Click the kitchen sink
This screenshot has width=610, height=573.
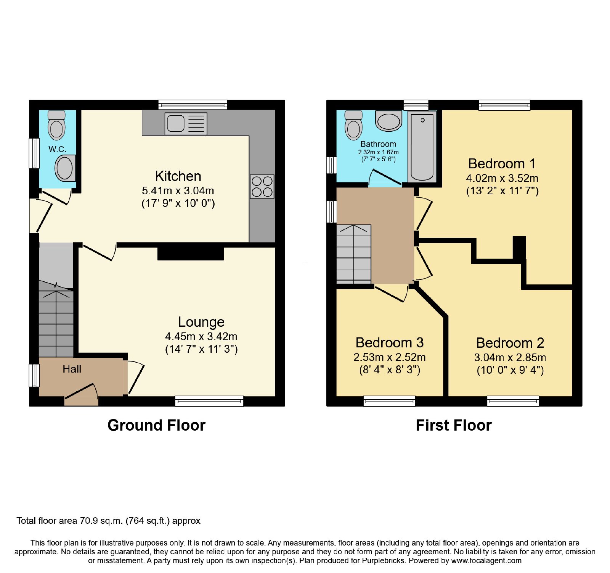click(186, 123)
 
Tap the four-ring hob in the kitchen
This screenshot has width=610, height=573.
click(262, 186)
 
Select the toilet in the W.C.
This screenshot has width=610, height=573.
click(57, 125)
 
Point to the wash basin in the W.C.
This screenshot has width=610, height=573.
click(65, 168)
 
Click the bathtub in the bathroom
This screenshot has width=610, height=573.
click(422, 147)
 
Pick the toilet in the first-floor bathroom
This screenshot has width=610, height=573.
click(353, 125)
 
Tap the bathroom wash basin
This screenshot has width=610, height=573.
click(388, 121)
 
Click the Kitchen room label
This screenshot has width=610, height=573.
click(178, 176)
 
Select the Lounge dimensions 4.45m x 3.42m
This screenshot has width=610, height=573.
click(201, 336)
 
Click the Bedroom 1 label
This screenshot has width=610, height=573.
click(502, 164)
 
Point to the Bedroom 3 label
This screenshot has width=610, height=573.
click(390, 342)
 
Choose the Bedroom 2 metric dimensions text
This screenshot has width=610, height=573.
click(510, 357)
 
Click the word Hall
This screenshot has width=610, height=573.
click(72, 369)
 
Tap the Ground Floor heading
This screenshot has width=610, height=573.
click(156, 425)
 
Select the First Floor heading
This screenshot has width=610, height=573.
click(454, 425)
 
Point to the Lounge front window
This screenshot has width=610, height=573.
click(209, 401)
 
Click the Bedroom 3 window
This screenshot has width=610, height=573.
click(389, 401)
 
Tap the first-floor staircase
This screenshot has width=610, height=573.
click(354, 254)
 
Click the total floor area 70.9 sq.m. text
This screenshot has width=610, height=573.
click(108, 521)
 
